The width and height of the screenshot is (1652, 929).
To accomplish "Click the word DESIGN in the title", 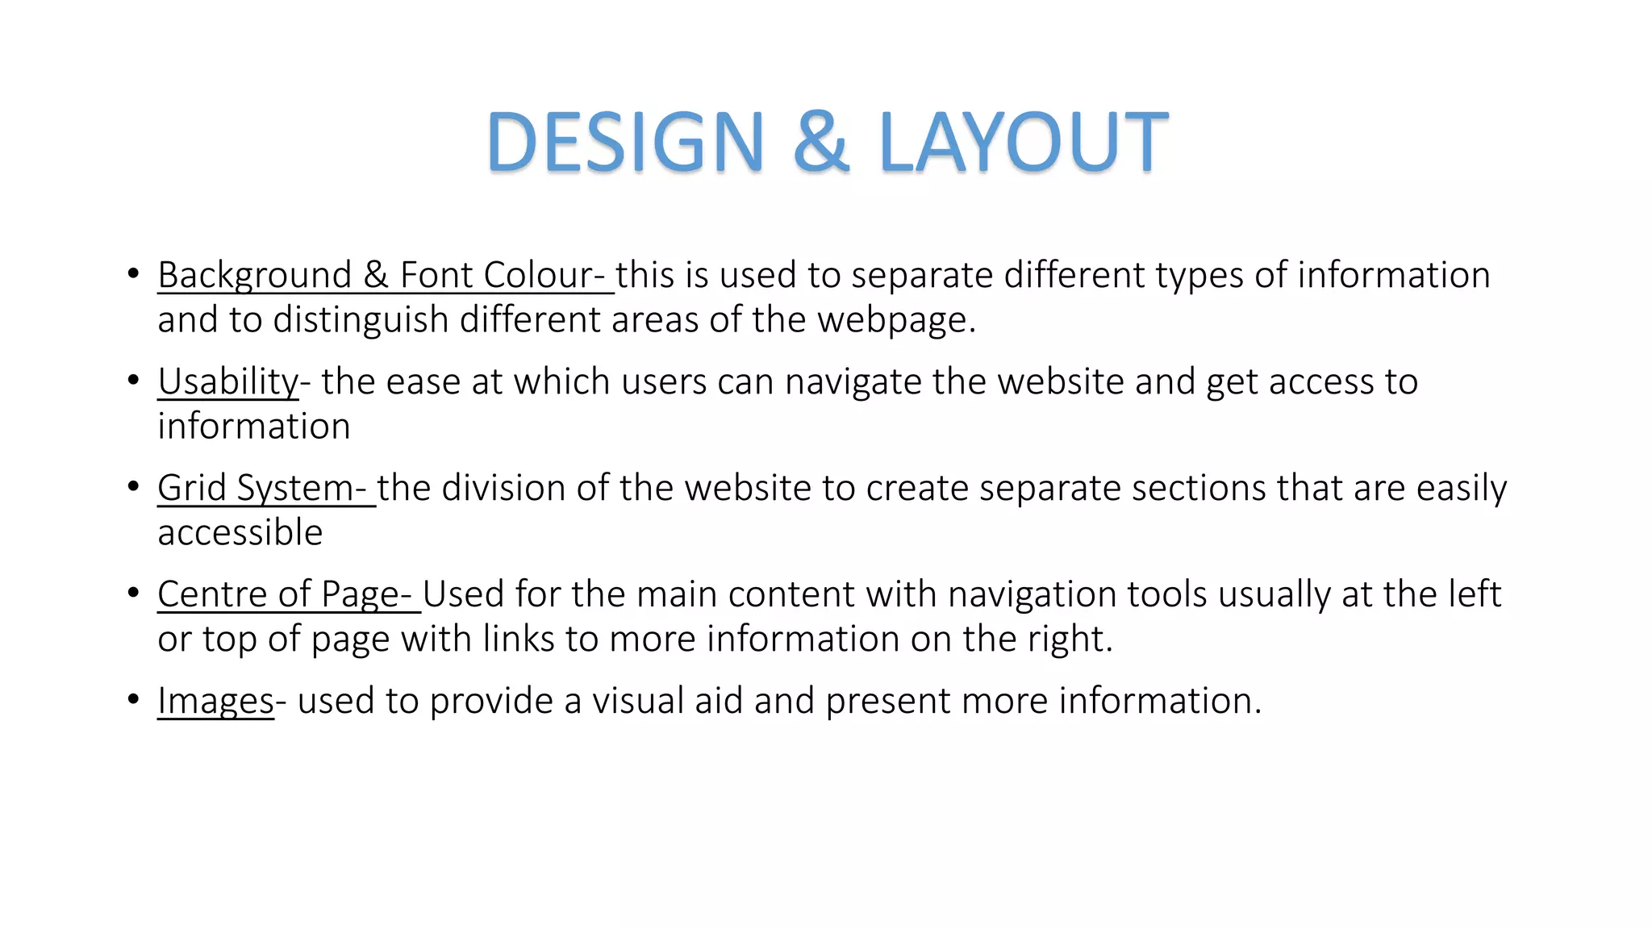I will click(x=625, y=142).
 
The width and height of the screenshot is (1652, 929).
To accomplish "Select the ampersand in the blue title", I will click(x=820, y=142).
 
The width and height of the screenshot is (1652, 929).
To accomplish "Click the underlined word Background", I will click(x=254, y=276).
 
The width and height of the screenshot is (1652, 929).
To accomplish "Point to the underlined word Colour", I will click(x=539, y=276).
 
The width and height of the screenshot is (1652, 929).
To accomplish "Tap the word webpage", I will click(x=895, y=320).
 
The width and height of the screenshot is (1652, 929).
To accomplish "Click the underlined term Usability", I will click(x=227, y=381).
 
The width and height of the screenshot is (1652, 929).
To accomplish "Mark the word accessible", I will click(x=240, y=532).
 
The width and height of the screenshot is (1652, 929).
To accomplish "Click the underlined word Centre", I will click(x=212, y=594).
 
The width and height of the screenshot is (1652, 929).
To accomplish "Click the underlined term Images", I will click(x=215, y=701).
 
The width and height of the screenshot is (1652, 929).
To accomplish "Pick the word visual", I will click(x=638, y=701).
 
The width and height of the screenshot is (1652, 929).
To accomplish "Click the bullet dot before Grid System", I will click(x=133, y=486).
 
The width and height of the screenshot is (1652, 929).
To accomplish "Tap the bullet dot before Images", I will click(x=133, y=699).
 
